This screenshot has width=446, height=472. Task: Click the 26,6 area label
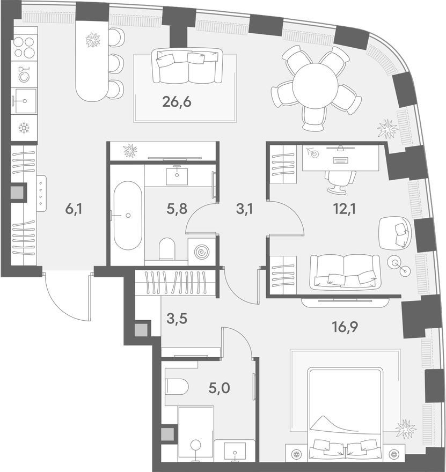coord(177,102)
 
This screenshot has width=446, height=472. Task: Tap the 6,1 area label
coord(74,209)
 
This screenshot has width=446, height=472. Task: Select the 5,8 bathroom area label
coord(177,209)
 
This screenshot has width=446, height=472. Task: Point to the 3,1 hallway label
coord(244,209)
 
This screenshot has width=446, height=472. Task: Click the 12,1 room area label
coord(345,209)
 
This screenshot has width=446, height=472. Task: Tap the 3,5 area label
coord(177,319)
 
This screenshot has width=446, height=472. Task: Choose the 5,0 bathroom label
coord(219,388)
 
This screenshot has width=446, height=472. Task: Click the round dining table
coord(315,84)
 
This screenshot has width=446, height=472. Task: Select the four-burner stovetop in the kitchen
coord(24,47)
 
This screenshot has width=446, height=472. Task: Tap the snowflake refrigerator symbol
coord(24,128)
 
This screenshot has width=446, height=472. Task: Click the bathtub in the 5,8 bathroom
coord(128,215)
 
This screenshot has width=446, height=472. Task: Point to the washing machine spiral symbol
coord(201,252)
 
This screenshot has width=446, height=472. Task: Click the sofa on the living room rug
coord(187,66)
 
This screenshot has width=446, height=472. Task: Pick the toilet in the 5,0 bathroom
coord(177,386)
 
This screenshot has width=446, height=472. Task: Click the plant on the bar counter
coord(93,40)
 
